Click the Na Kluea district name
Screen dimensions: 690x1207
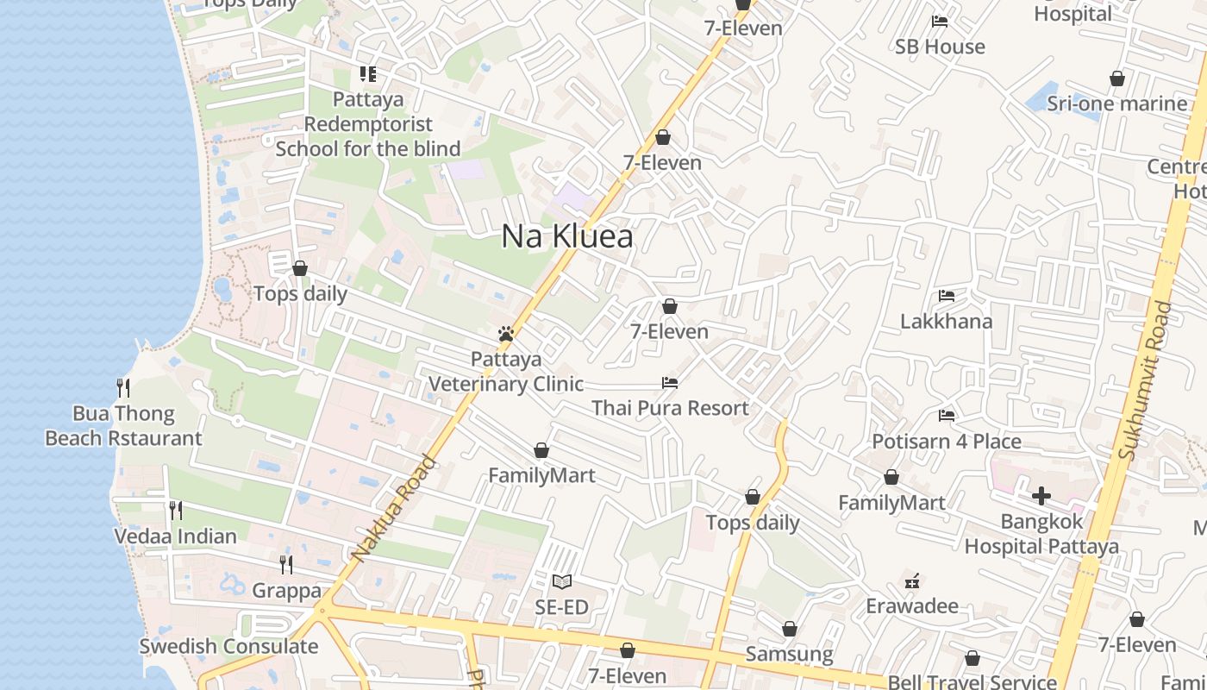coord(567,236)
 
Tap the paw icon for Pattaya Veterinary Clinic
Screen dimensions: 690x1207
coord(506,334)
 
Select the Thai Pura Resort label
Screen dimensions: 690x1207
coord(670,408)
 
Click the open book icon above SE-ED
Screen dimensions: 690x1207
coord(561,582)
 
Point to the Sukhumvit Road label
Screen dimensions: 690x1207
coord(1145,379)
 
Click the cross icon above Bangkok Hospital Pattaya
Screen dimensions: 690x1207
coord(1041,496)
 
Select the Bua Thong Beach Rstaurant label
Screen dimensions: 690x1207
coord(123,426)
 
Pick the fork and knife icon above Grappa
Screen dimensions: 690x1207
coord(286,565)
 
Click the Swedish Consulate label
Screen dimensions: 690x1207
coord(228,646)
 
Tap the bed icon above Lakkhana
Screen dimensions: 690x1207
coord(947,296)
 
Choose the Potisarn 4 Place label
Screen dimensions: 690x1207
coord(947,442)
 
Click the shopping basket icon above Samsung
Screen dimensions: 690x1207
coord(789,630)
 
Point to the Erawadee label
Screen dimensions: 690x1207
coord(912,605)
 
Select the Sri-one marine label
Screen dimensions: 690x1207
coord(1117,103)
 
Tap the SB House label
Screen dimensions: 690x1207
coord(940,47)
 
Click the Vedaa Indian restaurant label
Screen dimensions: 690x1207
coord(176,536)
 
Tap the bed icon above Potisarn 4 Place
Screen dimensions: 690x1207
coord(947,416)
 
